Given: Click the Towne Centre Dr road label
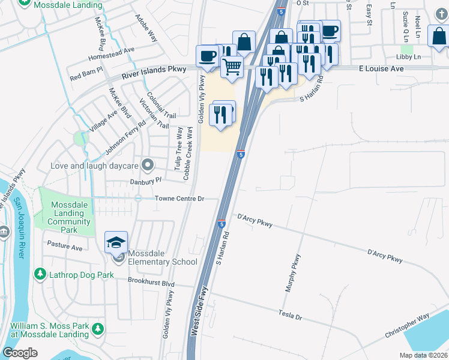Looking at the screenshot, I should [179, 199].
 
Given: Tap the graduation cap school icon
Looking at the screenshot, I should [116, 242].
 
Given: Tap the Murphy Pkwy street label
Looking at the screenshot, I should [293, 273].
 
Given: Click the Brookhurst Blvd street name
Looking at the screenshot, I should [151, 281].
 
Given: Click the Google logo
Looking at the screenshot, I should [20, 352].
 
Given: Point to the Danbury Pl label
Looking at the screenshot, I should [146, 180].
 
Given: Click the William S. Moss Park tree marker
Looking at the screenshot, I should [98, 329].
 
